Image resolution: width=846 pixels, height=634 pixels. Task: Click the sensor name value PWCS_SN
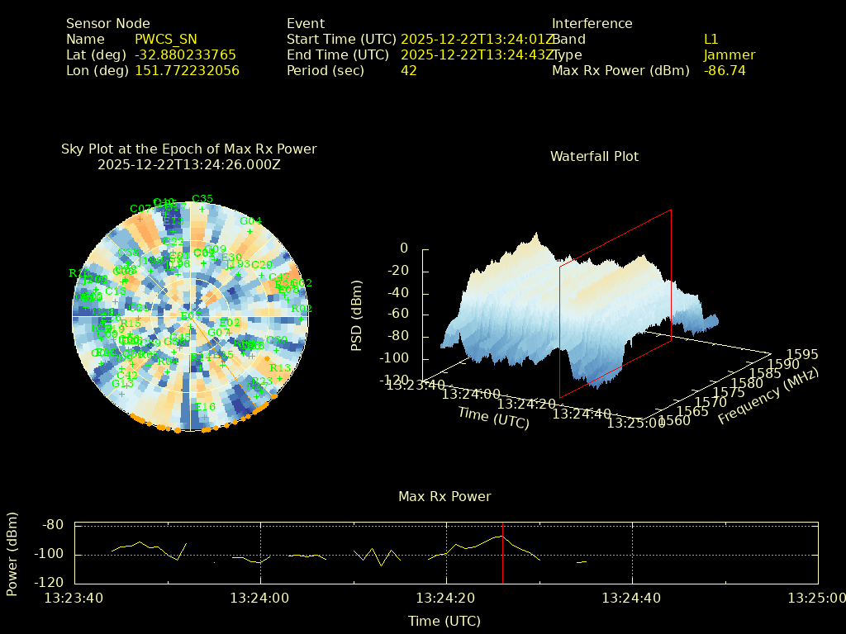tap(167, 39)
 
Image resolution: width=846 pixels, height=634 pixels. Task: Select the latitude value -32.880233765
tap(185, 54)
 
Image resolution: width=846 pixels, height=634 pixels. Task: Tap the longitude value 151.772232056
tap(187, 70)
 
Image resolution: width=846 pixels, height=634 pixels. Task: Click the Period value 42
tap(408, 70)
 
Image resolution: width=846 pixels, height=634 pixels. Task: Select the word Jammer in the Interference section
tap(729, 54)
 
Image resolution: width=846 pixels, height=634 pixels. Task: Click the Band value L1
tap(711, 39)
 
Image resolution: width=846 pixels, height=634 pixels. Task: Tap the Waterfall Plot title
tap(594, 156)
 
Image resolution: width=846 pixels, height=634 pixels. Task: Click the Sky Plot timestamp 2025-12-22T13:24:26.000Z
tap(188, 164)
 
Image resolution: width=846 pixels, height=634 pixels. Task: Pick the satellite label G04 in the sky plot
tap(250, 221)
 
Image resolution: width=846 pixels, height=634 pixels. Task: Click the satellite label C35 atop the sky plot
tap(202, 199)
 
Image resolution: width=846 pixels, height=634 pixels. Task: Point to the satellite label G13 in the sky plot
tap(122, 384)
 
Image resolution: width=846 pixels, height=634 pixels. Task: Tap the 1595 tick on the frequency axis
tap(802, 354)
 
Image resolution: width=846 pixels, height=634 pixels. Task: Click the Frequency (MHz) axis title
tap(768, 395)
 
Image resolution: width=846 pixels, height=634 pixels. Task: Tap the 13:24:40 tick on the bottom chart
tap(632, 598)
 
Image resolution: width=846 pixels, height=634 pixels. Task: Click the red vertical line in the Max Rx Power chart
tap(502, 552)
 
